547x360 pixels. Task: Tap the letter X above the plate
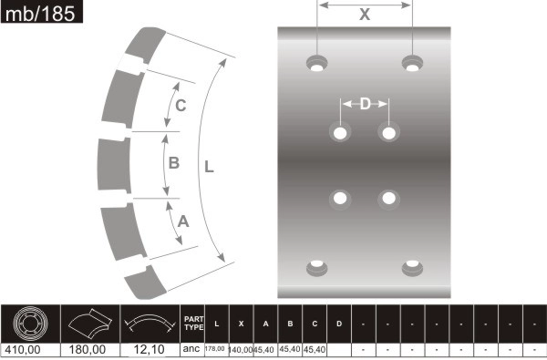point(365,15)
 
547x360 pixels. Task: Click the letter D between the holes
point(365,104)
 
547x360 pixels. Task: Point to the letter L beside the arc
point(209,167)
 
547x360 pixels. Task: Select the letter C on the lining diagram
point(181,106)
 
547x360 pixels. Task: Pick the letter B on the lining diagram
point(173,163)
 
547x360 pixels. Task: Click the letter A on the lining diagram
point(182,221)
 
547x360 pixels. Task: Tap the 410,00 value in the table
point(24,349)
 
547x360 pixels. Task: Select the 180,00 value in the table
point(88,349)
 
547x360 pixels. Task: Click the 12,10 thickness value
point(148,349)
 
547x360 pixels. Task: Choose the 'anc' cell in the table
point(191,349)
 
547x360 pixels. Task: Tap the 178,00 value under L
point(216,349)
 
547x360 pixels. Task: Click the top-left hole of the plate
point(317,64)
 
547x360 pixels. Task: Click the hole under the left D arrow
point(341,133)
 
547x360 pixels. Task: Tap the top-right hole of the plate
point(413,64)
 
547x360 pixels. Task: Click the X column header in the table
point(241,324)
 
